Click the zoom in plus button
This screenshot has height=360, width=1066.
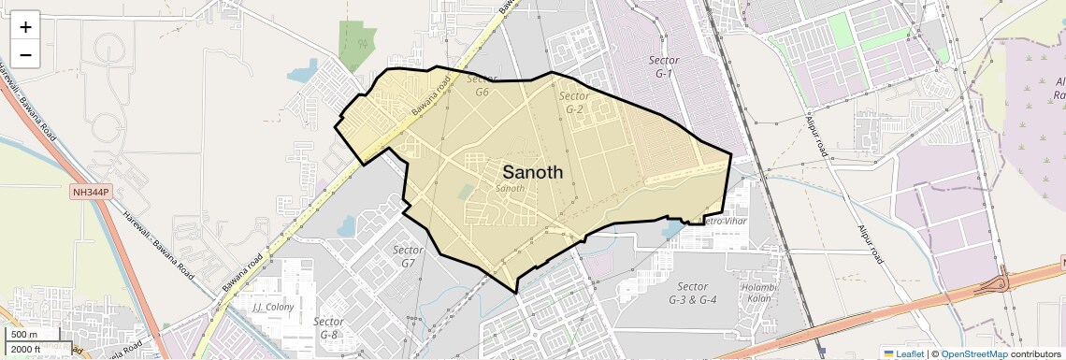click(25, 27)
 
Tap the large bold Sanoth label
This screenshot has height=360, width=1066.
click(533, 172)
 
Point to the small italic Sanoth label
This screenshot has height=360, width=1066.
click(510, 189)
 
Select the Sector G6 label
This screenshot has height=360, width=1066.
click(483, 86)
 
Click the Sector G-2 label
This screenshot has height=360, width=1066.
click(574, 103)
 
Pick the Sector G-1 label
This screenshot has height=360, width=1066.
click(664, 66)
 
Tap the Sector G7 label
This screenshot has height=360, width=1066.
click(409, 256)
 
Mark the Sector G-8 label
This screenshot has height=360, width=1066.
click(329, 328)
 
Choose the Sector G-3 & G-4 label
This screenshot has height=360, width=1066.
click(693, 293)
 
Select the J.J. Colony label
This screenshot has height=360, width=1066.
click(273, 307)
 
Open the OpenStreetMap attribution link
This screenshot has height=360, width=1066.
click(974, 353)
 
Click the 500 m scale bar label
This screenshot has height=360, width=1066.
click(24, 335)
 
